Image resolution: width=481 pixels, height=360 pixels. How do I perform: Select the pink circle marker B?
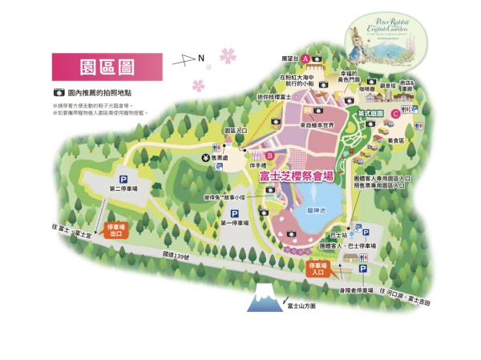[270, 156]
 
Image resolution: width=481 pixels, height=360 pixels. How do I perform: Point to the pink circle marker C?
[396, 113]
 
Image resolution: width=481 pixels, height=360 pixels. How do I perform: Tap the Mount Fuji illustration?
[263, 301]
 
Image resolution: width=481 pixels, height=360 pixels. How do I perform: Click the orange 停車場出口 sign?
[117, 231]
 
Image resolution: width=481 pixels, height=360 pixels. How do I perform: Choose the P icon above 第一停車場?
[235, 213]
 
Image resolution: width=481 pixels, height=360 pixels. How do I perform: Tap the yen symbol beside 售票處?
[205, 158]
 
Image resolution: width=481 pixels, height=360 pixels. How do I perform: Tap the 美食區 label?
[395, 140]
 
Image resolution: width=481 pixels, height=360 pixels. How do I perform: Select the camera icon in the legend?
[59, 94]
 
